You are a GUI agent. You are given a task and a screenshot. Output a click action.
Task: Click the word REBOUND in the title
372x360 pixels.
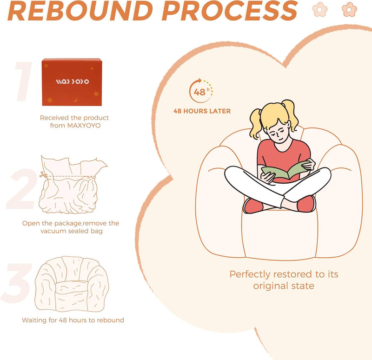(x=80, y=10)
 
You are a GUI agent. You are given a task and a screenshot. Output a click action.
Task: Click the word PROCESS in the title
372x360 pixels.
(x=230, y=10)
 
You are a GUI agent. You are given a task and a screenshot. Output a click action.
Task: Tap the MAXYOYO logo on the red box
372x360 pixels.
(x=73, y=82)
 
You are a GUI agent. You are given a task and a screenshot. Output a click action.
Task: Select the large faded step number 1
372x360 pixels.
(x=24, y=81)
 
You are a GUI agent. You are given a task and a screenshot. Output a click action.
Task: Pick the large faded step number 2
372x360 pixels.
(x=22, y=189)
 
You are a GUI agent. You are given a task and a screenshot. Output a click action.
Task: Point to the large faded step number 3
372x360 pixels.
(x=17, y=283)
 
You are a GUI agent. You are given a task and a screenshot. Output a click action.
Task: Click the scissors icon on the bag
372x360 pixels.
(x=43, y=175)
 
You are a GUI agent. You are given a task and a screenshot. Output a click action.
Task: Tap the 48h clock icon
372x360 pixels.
(x=201, y=91)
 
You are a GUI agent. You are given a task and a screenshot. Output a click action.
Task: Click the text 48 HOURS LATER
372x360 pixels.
(x=202, y=111)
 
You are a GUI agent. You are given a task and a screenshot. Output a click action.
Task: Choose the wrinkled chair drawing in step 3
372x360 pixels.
(x=72, y=284)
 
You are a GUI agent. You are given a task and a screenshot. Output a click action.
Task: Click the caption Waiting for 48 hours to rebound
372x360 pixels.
(x=73, y=320)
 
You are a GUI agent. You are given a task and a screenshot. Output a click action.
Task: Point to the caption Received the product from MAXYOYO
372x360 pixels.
(x=74, y=121)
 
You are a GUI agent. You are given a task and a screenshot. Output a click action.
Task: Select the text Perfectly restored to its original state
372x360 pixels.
(x=284, y=280)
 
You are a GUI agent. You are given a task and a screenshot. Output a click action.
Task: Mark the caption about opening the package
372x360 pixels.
(x=71, y=227)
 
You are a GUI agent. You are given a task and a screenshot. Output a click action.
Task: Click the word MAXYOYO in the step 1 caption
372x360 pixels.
(x=84, y=126)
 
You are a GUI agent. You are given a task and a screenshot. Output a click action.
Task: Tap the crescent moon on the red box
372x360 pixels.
(x=75, y=100)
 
